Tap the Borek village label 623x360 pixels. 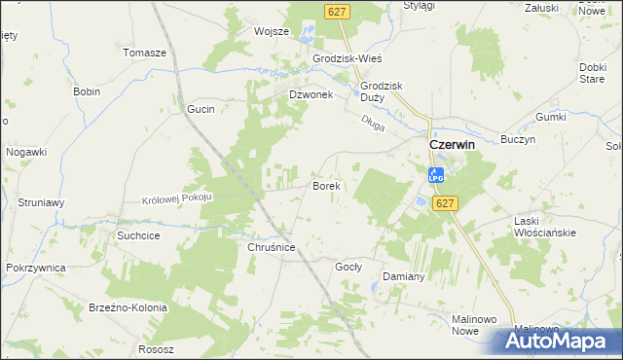tap(324, 184)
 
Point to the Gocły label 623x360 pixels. tap(348, 266)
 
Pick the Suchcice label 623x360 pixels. tap(138, 235)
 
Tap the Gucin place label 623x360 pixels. tap(201, 110)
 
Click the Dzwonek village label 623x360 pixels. tap(311, 94)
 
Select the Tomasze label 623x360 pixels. tap(145, 53)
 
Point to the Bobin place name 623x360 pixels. tap(87, 91)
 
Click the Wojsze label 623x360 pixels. tap(272, 31)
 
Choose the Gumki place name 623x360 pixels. tap(550, 117)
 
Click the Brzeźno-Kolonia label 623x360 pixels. tap(129, 307)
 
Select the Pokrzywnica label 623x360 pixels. tap(35, 267)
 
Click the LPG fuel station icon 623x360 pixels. tap(436, 176)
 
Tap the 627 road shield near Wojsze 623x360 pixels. tap(338, 10)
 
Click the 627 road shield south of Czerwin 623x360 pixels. tap(445, 203)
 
